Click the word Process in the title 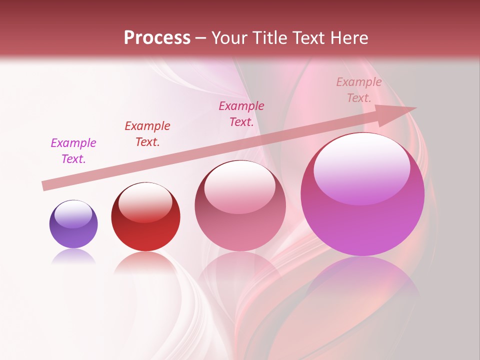click(157, 38)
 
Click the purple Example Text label click(73, 151)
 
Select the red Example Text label click(147, 134)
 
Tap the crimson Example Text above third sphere click(241, 114)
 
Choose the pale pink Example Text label click(359, 90)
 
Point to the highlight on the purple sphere click(73, 214)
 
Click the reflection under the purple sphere click(73, 256)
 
